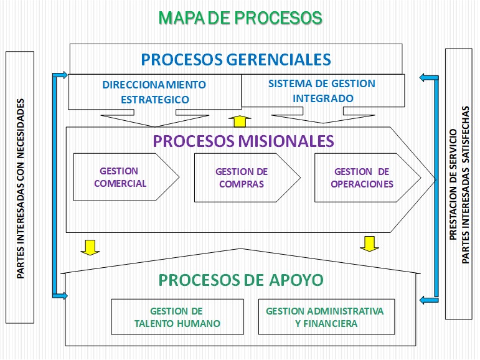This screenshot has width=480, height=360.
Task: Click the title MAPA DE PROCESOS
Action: point(240,17)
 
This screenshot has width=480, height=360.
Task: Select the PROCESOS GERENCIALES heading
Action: point(236,59)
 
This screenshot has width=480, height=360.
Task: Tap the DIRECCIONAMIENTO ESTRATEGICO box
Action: point(154,92)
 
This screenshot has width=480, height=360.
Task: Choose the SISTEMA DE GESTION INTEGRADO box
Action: point(322,91)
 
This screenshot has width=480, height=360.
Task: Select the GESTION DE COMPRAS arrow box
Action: point(242,178)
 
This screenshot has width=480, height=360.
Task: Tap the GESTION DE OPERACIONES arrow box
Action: point(362,178)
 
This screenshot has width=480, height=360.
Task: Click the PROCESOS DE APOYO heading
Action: point(241,280)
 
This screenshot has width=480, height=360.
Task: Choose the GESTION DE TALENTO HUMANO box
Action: point(177,317)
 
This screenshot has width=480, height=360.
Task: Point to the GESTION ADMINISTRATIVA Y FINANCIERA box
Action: point(325,317)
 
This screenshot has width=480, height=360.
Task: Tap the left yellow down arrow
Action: point(90,247)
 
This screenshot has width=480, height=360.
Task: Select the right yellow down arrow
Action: point(369,243)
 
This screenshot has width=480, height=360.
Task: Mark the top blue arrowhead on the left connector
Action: point(62,75)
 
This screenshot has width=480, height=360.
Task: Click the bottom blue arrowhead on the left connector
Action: point(62,295)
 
